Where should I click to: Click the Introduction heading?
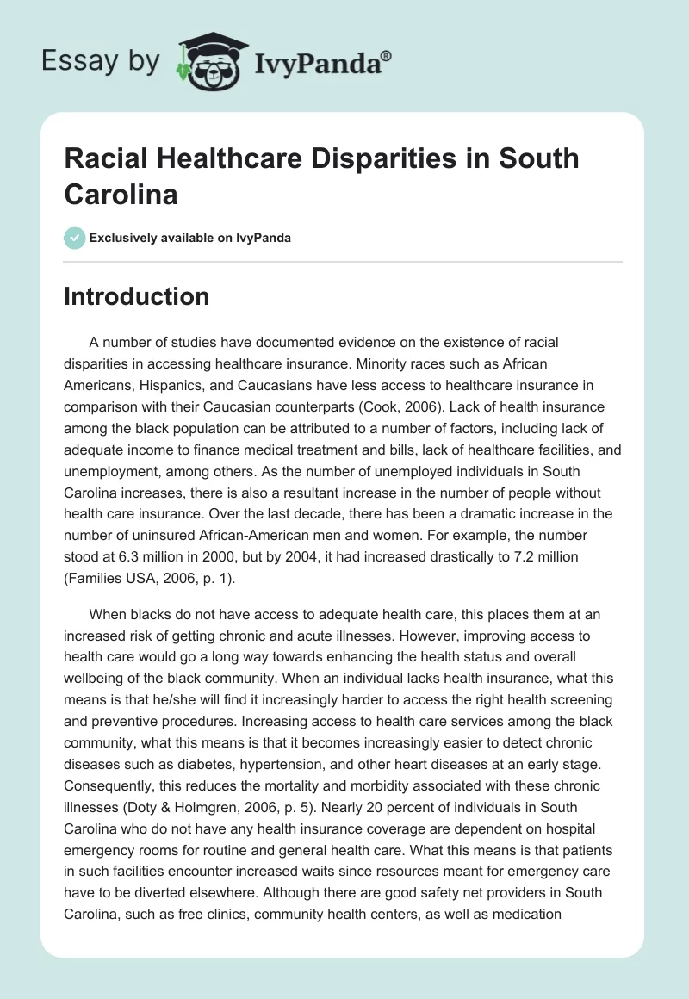137,296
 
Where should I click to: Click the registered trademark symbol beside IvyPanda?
387,55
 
